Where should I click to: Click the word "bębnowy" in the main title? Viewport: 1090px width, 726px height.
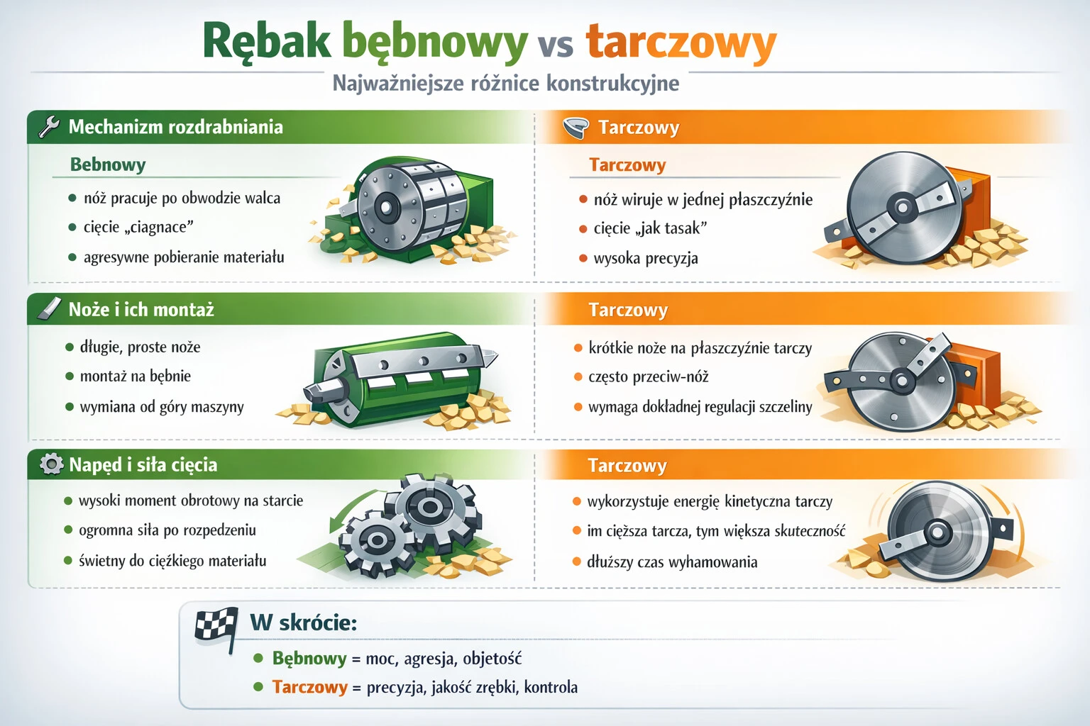click(434, 41)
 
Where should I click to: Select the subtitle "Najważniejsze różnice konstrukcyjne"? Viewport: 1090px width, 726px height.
click(505, 84)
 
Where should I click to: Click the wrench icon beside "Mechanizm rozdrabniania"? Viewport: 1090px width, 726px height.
click(48, 127)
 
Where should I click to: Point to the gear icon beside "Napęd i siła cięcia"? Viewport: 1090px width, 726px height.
click(51, 464)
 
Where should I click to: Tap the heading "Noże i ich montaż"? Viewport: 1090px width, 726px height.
click(141, 310)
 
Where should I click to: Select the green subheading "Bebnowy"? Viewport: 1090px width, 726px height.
click(108, 164)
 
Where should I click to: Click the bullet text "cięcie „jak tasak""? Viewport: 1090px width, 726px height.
click(650, 228)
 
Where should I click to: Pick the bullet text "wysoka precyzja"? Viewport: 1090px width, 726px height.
click(645, 258)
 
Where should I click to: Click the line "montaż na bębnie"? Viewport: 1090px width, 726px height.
click(135, 376)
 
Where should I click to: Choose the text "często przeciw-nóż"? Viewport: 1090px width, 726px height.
click(648, 377)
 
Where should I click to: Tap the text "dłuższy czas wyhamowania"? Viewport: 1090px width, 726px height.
click(671, 562)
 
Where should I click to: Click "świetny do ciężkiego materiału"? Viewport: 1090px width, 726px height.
click(172, 561)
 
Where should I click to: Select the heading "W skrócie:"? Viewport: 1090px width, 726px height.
click(303, 622)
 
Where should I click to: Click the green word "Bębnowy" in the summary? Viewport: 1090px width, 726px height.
click(309, 659)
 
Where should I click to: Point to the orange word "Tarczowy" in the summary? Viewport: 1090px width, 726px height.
click(309, 687)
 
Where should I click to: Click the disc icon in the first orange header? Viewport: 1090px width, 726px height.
click(576, 128)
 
